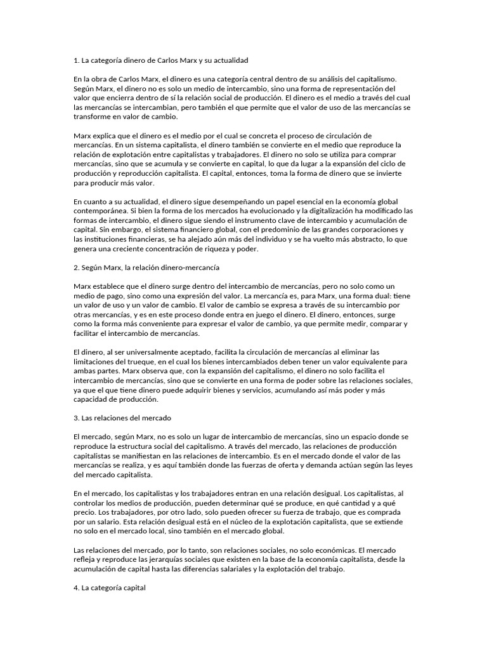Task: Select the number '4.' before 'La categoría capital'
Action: pos(77,588)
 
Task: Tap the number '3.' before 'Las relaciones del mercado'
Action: pos(77,418)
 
